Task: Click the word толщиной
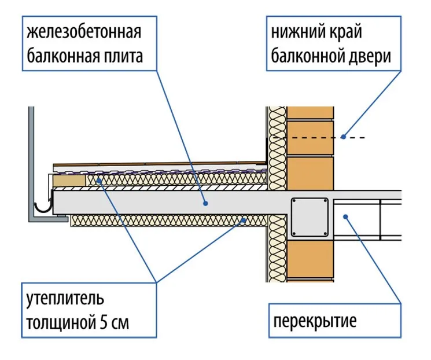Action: [x=57, y=324]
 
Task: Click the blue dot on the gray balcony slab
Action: [x=205, y=204]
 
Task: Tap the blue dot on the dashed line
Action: [x=343, y=137]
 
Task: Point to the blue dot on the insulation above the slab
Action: [x=100, y=181]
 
